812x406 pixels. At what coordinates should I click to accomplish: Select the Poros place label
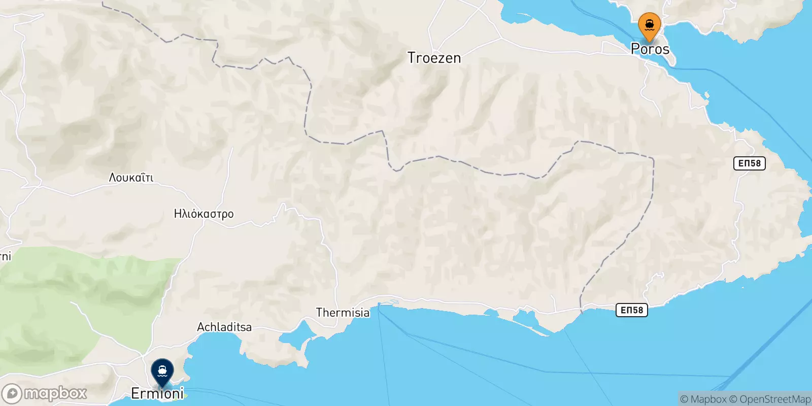650,49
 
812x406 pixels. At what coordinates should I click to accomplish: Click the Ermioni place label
157,393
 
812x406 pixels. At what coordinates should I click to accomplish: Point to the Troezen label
434,58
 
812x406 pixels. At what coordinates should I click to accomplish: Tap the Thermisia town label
343,313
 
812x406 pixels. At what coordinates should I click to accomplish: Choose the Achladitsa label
224,327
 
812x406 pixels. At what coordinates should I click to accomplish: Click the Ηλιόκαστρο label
204,214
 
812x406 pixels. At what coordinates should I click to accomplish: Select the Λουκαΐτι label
131,178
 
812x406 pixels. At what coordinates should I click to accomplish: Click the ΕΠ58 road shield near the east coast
749,163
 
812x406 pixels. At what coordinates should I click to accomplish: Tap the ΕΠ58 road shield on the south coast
631,310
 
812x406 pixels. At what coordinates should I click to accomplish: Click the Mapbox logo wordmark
55,393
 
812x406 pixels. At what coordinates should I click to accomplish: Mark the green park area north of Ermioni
76,299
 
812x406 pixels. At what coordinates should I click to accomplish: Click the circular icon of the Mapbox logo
12,394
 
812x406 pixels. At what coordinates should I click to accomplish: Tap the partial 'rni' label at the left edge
5,256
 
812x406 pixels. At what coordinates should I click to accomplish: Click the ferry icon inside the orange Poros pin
649,24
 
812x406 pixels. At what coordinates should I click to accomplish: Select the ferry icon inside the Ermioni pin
162,370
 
